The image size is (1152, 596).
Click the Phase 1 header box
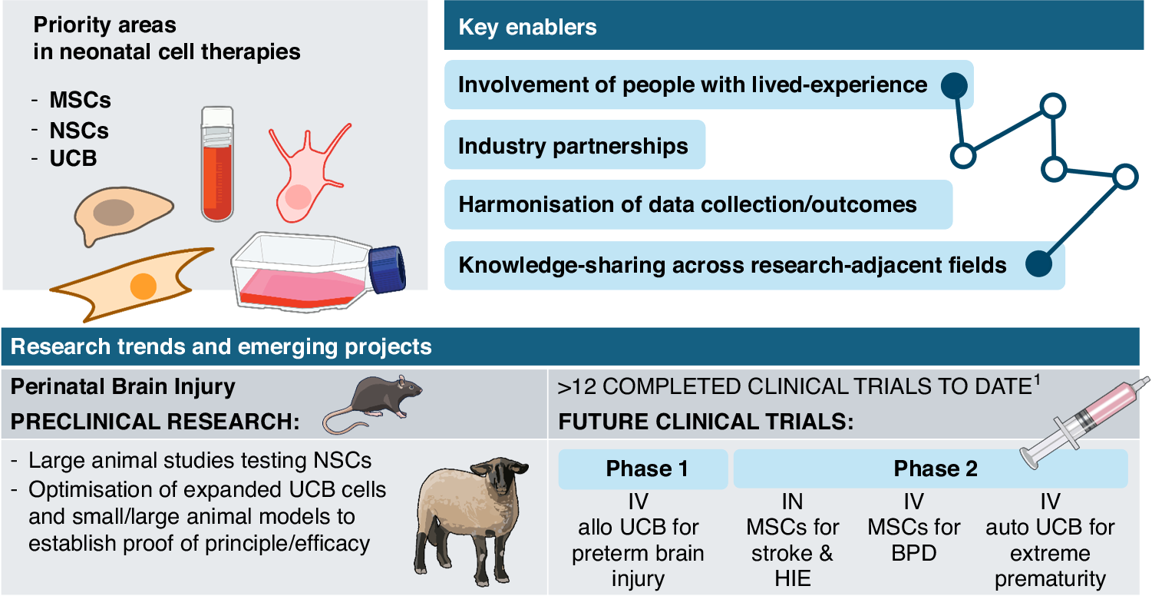coord(642,469)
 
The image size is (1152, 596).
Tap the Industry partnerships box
coord(573,145)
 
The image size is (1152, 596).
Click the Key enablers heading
coord(527,28)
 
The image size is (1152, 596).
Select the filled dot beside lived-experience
coord(953,84)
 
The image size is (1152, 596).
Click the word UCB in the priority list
coord(73,159)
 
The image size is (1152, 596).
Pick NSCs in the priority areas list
coord(79,130)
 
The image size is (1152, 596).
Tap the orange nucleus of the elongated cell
coord(143,286)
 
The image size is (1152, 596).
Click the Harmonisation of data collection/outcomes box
coord(687,205)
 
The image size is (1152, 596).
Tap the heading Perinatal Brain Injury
coord(123,386)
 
